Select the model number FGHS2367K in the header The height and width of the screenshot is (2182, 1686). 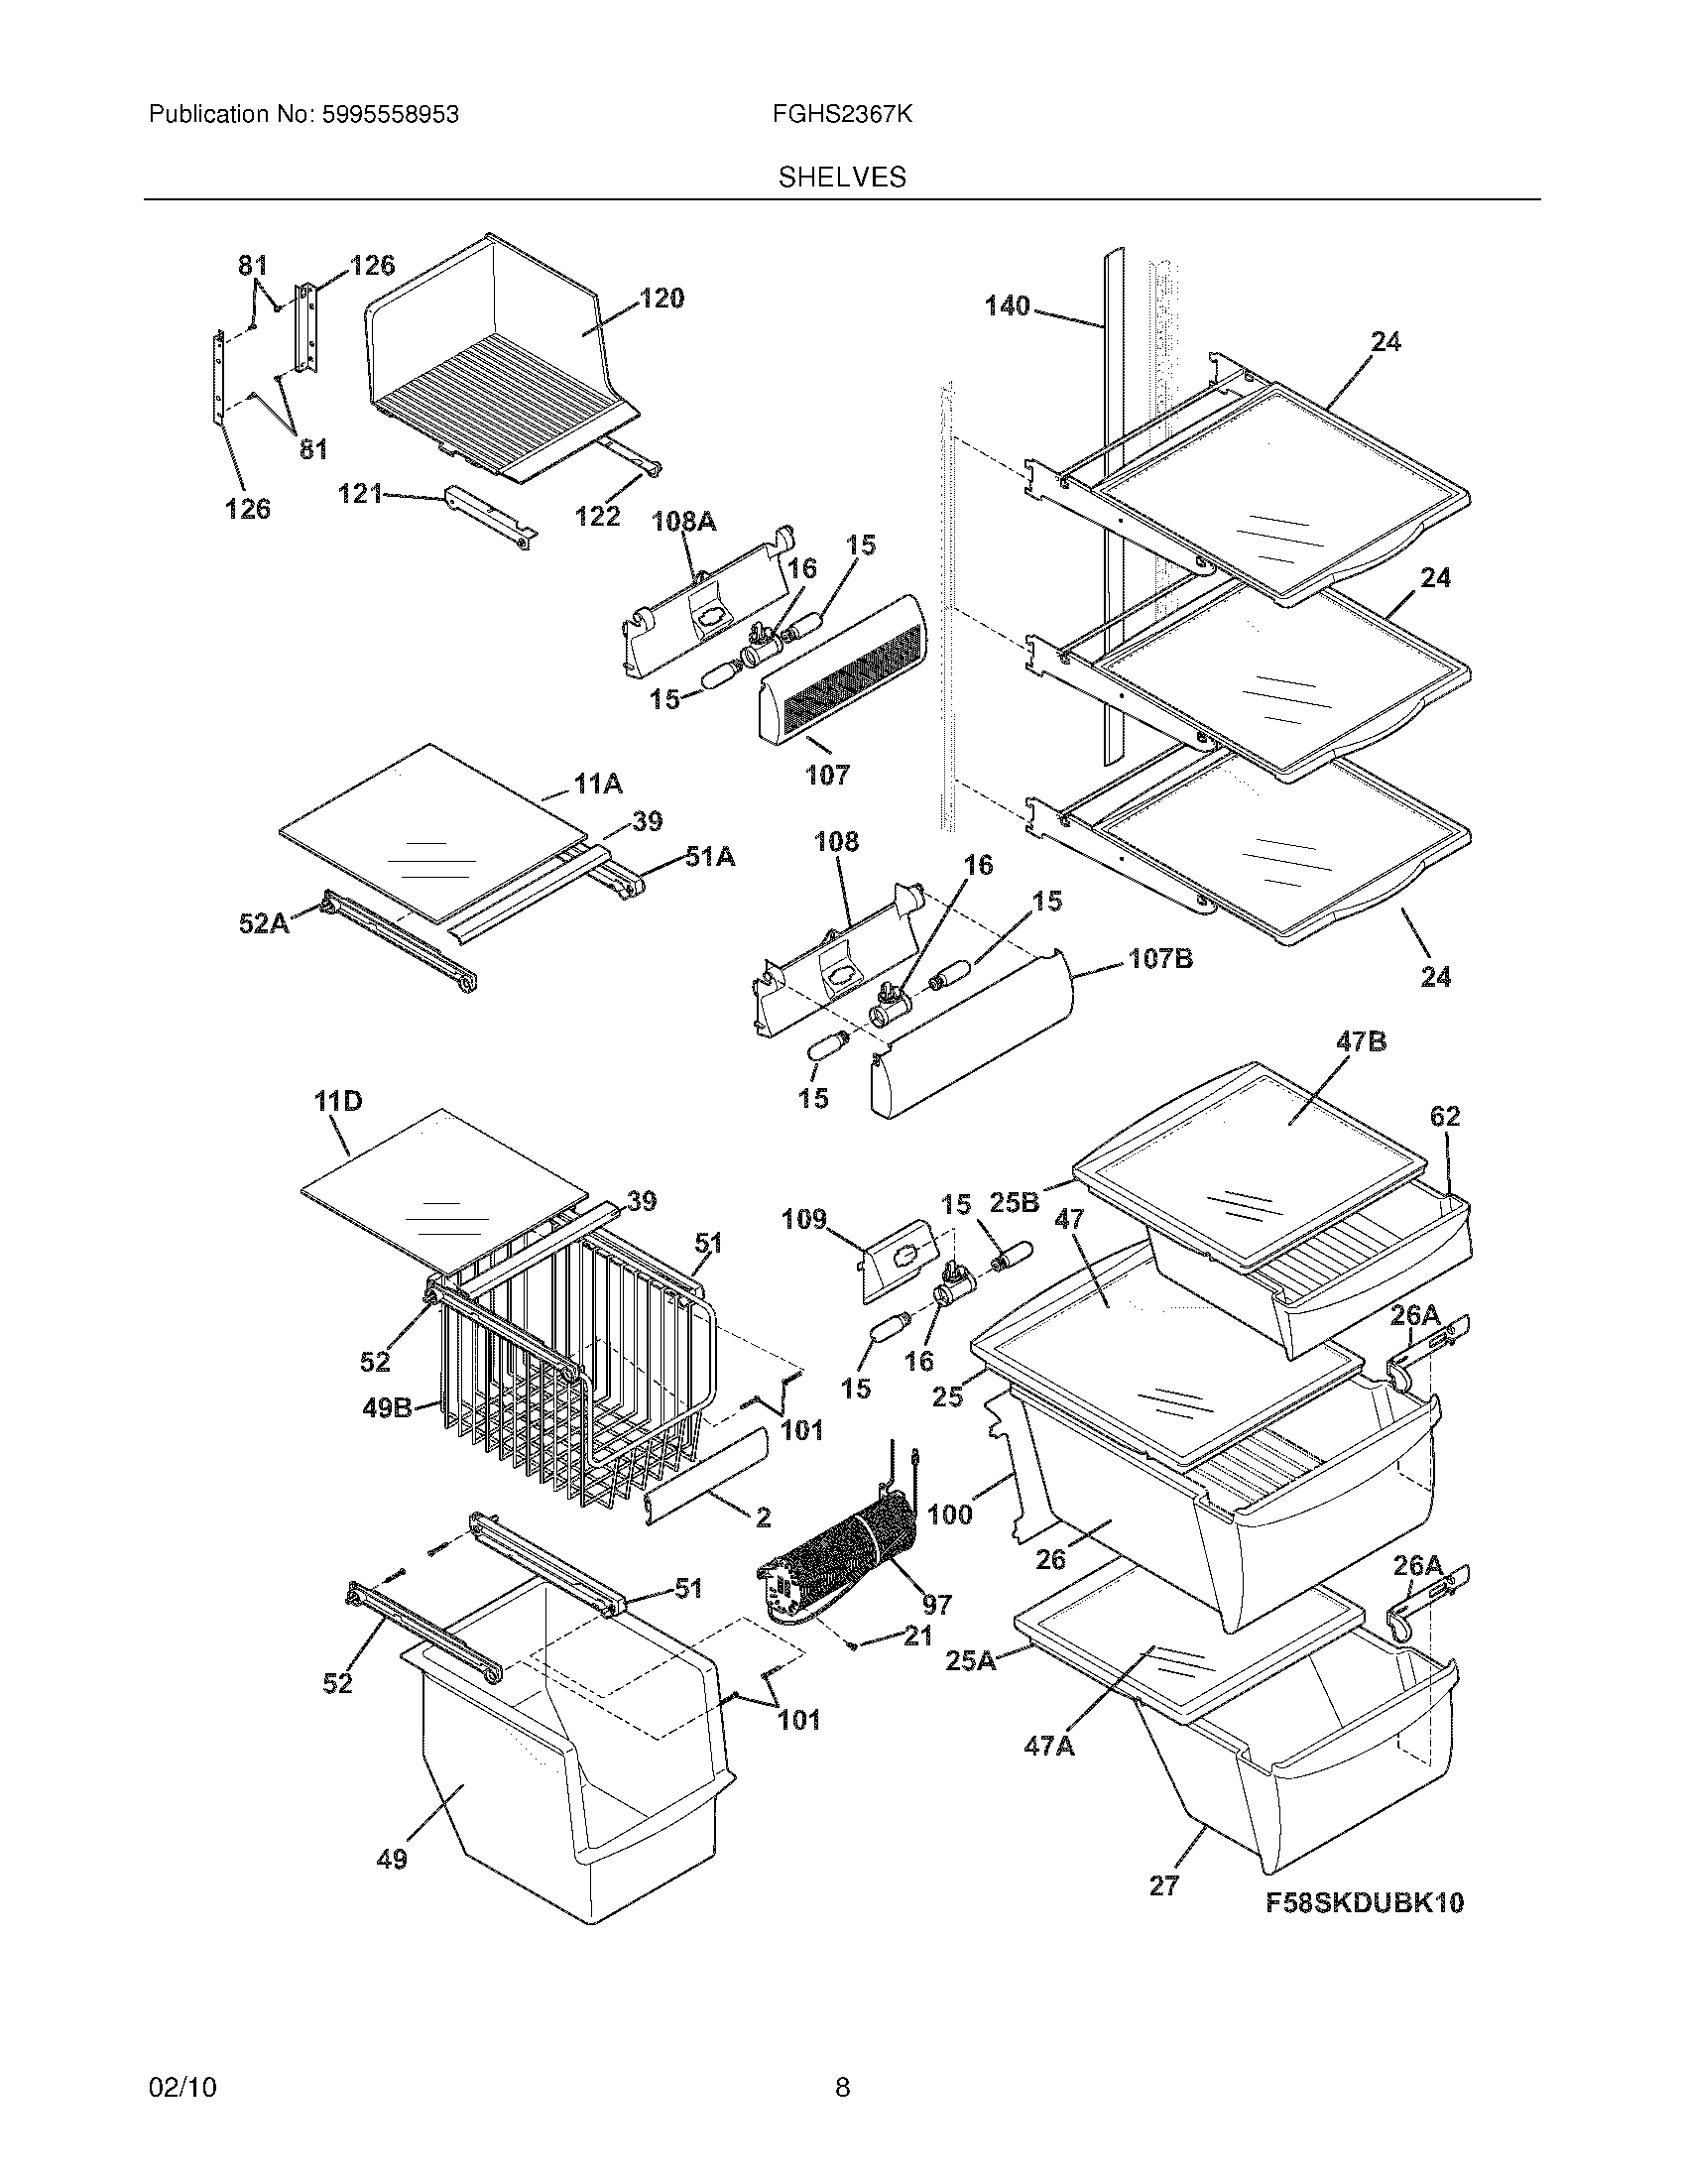click(x=841, y=115)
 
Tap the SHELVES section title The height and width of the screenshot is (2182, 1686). click(x=842, y=178)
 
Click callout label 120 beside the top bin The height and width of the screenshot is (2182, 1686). click(x=662, y=298)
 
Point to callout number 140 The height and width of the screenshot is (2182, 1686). click(x=1007, y=305)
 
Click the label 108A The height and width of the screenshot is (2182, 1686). click(x=684, y=522)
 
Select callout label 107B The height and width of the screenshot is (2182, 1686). click(x=1160, y=959)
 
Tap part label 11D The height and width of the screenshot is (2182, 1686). click(x=337, y=1102)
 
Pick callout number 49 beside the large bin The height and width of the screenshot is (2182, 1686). click(x=392, y=1860)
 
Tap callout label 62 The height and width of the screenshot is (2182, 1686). click(x=1444, y=1116)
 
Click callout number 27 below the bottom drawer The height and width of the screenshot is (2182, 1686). click(x=1163, y=1885)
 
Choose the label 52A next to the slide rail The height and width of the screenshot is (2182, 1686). click(x=264, y=923)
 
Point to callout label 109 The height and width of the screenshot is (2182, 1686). click(x=804, y=1219)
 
